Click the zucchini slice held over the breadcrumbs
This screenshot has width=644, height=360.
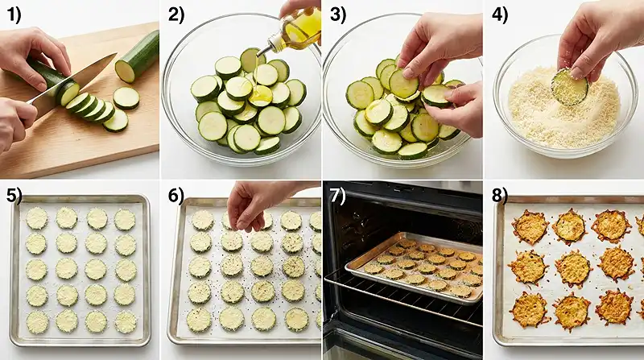[570, 87]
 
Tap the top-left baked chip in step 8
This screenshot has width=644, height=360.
[530, 227]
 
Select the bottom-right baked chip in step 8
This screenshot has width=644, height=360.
[614, 307]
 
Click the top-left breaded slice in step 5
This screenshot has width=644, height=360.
[36, 218]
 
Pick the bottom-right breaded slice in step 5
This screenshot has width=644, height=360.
[125, 321]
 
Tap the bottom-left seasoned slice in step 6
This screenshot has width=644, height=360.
[199, 319]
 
